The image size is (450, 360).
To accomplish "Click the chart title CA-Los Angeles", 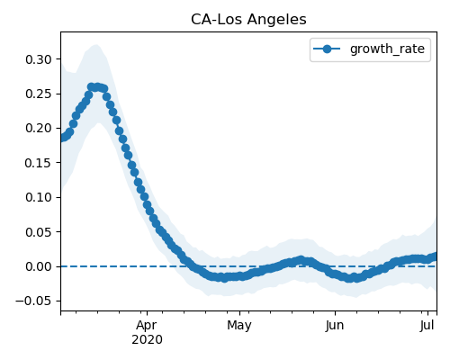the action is (248, 20).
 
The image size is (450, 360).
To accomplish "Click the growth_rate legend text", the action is (387, 49).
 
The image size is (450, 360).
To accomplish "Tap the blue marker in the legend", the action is (327, 49).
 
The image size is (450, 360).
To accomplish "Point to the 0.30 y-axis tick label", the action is (39, 59).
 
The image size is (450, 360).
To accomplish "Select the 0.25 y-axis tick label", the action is (39, 94).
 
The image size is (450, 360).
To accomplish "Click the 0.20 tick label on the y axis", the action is (39, 129).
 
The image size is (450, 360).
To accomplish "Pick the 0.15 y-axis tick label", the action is (39, 163).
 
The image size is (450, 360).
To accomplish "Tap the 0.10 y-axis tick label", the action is (39, 197).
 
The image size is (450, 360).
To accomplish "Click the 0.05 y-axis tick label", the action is (39, 232).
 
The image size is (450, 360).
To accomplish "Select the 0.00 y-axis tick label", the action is (39, 266).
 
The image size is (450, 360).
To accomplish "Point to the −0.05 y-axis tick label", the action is (33, 301).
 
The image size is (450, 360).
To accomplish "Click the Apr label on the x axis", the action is (147, 326).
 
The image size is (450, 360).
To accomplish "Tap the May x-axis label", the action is (239, 326).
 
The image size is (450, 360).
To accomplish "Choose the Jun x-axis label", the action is (335, 326).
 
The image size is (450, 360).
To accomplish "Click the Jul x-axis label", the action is (427, 326).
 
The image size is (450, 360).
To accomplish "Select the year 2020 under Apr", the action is (147, 340).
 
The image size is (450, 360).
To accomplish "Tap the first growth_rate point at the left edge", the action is (62, 138).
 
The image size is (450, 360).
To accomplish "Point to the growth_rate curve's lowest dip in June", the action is (349, 278).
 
